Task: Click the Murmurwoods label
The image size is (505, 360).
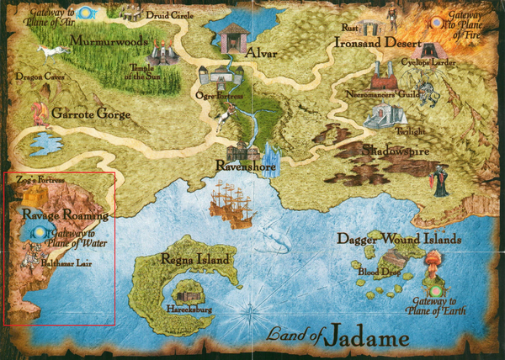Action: click(x=108, y=40)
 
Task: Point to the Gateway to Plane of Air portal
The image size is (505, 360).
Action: click(x=90, y=14)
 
